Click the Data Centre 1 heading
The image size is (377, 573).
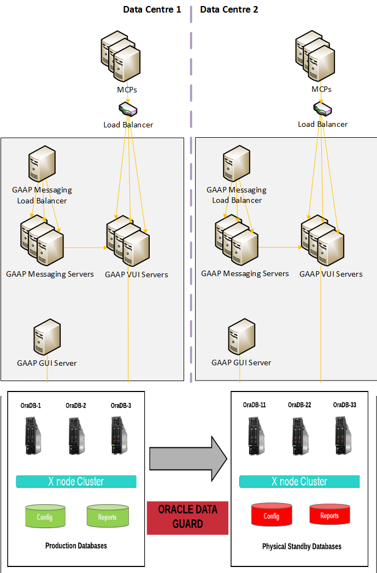point(152,9)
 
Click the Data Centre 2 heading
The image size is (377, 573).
point(229,9)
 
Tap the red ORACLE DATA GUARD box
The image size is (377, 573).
point(187,517)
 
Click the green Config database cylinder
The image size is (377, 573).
point(45,517)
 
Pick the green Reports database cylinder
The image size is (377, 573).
point(107,517)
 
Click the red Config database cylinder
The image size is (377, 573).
point(272,516)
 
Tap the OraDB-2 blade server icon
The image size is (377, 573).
point(76,436)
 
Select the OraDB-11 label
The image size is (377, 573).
point(255,405)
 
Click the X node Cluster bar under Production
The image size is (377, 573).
point(76,481)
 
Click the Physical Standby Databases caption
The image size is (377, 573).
point(302,546)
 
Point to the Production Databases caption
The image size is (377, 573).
point(76,546)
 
